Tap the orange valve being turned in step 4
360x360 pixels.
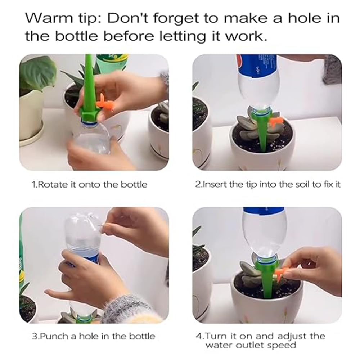(x=283, y=270)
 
